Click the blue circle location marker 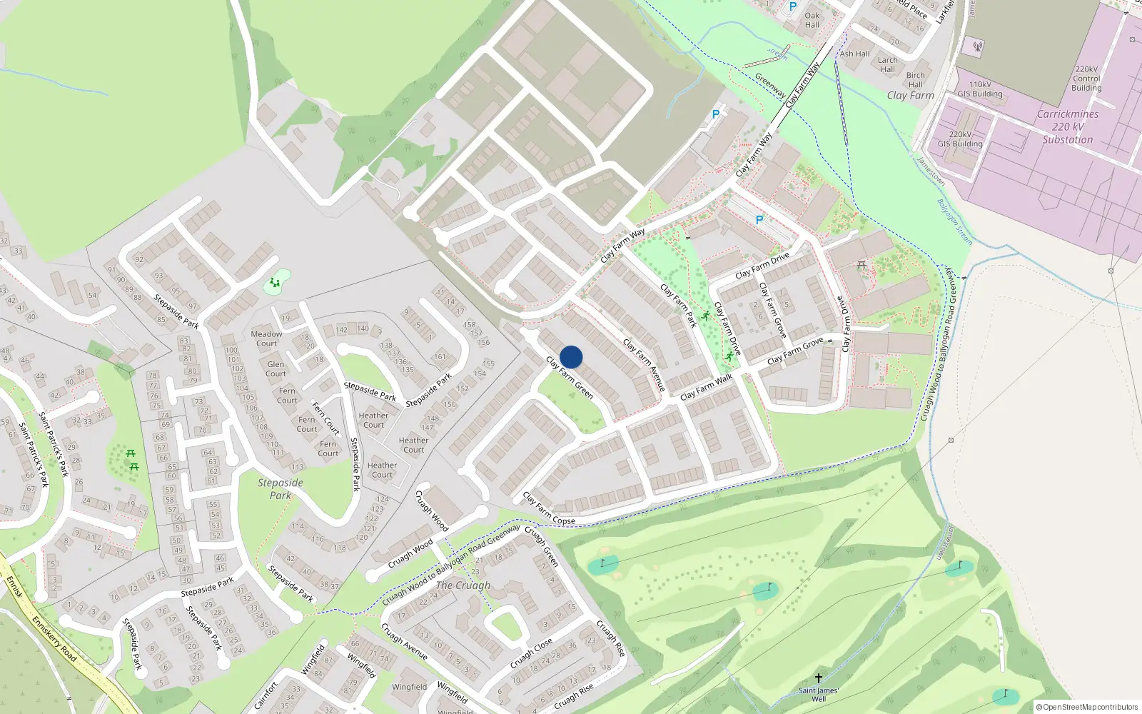(x=571, y=357)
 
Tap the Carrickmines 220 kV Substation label (x=1067, y=127)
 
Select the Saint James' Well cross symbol (x=819, y=678)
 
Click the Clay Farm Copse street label (x=548, y=508)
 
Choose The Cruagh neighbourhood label (x=463, y=585)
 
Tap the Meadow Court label (x=266, y=338)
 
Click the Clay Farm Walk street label (x=706, y=386)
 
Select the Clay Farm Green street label (x=570, y=377)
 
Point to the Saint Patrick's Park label (x=54, y=443)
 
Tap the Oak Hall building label (x=812, y=20)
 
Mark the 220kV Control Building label (x=1086, y=79)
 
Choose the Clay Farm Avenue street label (x=645, y=365)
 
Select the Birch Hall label (x=916, y=79)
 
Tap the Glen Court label (x=276, y=368)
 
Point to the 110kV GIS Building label (x=980, y=89)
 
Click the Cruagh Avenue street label (x=404, y=641)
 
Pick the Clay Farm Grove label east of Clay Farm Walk (x=795, y=350)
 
